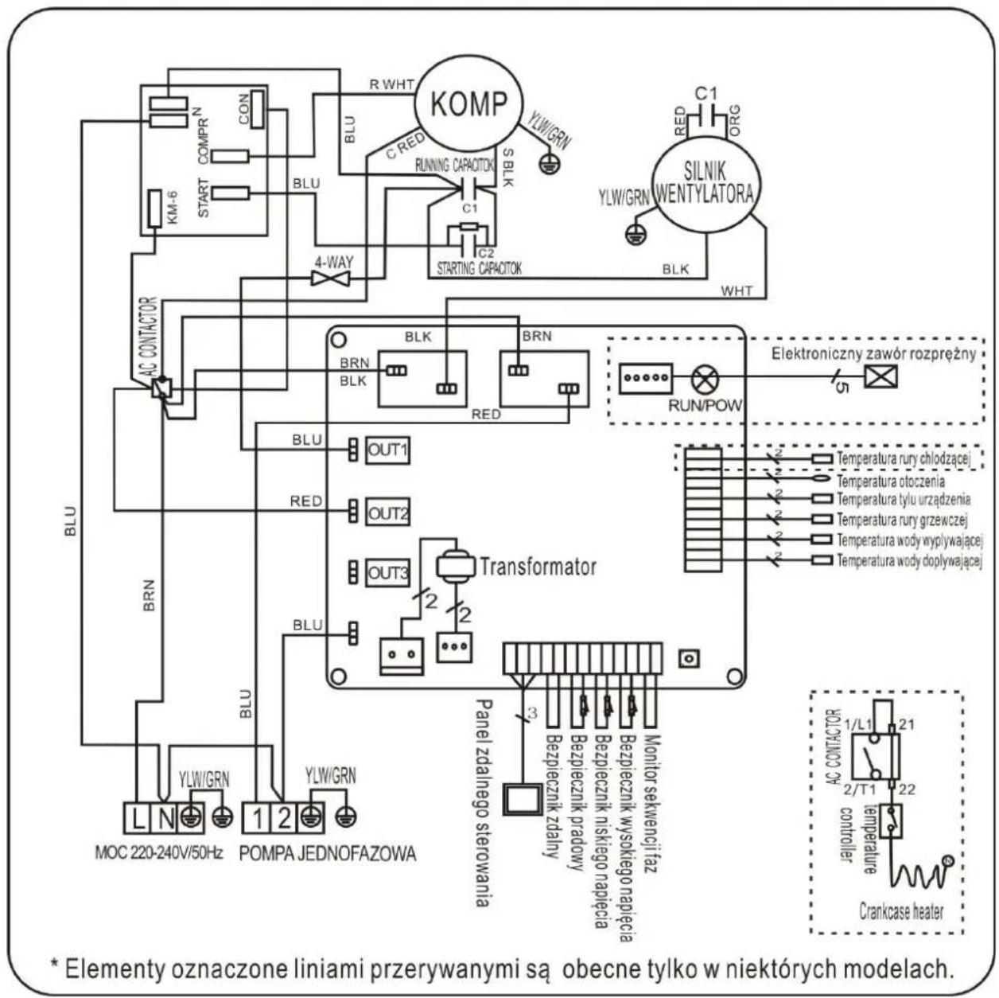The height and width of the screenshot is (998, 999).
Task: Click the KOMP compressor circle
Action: (468, 103)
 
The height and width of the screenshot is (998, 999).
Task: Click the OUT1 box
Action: (387, 450)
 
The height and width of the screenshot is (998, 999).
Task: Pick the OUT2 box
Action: (387, 513)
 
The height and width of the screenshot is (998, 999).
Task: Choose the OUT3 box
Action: (387, 573)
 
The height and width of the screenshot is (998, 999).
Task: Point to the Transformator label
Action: (537, 567)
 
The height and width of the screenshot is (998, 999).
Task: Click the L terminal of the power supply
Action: (138, 817)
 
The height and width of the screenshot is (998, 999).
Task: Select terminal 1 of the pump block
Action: (258, 817)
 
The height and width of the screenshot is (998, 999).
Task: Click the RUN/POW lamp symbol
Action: (703, 379)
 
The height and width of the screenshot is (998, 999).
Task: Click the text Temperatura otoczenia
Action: (890, 481)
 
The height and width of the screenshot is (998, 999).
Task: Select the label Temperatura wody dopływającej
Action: (909, 561)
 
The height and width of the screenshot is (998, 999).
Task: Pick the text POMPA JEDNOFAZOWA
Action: (327, 854)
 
